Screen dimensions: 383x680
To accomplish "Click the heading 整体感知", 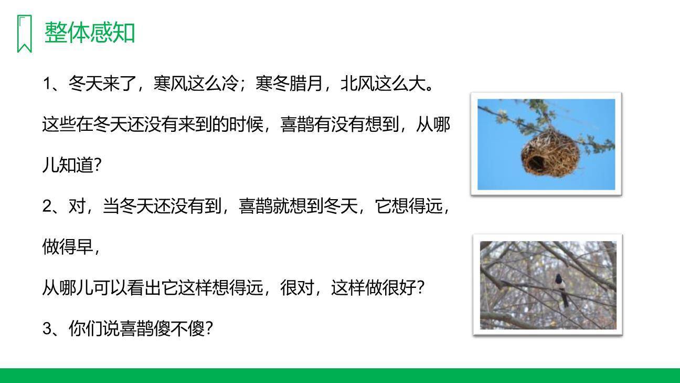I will pyautogui.click(x=90, y=33).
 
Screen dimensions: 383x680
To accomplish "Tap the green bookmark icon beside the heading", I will pyautogui.click(x=24, y=34).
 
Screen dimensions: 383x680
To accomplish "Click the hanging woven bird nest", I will pyautogui.click(x=550, y=152).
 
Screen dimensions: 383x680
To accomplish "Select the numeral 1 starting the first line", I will pyautogui.click(x=47, y=84).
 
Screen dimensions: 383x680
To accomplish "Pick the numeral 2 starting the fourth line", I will pyautogui.click(x=47, y=206).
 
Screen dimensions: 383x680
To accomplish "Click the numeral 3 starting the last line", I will pyautogui.click(x=47, y=329).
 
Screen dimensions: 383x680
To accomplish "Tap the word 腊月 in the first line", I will pyautogui.click(x=305, y=84).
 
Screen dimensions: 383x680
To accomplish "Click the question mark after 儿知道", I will pyautogui.click(x=97, y=165).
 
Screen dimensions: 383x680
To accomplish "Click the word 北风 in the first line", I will pyautogui.click(x=357, y=84).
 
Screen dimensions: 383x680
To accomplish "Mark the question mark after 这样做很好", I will pyautogui.click(x=419, y=288).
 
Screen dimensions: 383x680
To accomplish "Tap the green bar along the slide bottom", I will pyautogui.click(x=340, y=375).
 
